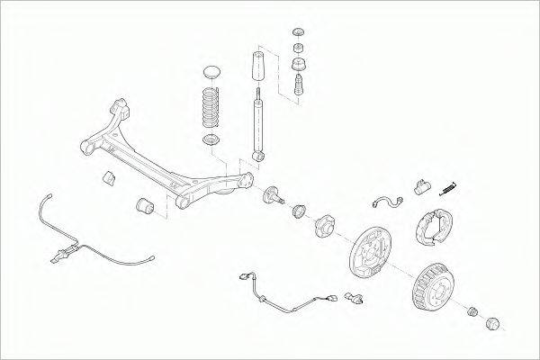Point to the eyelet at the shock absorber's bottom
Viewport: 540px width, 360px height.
[x=261, y=157]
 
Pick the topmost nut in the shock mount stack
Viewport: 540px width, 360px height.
[x=299, y=33]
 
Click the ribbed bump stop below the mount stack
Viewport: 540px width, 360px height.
[x=299, y=88]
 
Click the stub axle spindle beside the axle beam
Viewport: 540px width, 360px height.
[x=273, y=195]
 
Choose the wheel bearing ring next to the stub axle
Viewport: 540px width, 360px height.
[x=298, y=212]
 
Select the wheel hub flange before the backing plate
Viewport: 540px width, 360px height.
[x=325, y=226]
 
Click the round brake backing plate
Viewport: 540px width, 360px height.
[x=368, y=255]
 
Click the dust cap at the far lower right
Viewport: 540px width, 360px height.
[x=493, y=322]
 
